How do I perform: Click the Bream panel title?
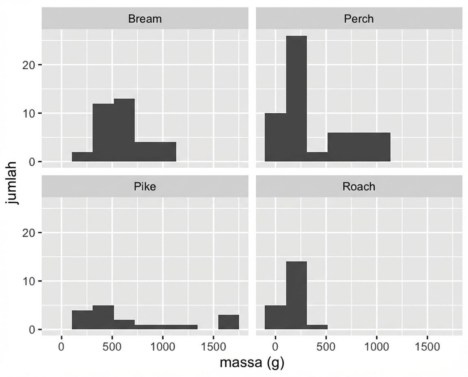coord(145,19)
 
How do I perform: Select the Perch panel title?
coord(359,19)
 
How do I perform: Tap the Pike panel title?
coord(145,186)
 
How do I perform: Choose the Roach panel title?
coord(359,186)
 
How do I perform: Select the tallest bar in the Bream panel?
coord(124,130)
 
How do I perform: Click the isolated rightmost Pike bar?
coord(228,322)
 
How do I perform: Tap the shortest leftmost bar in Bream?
coord(82,157)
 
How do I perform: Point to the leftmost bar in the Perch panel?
coord(275,137)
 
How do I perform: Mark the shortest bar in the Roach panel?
coord(317,327)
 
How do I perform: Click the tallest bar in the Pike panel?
coord(103,317)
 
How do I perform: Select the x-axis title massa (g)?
coord(252,362)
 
